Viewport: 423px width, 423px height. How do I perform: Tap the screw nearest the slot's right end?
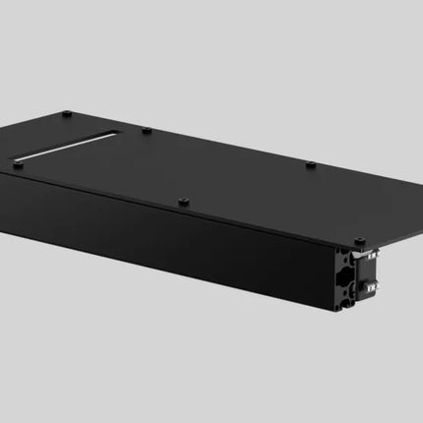(146, 130)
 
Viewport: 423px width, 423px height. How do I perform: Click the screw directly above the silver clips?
(359, 240)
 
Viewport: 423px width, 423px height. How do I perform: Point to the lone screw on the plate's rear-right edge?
(310, 163)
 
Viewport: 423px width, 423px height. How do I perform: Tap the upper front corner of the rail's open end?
(335, 248)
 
